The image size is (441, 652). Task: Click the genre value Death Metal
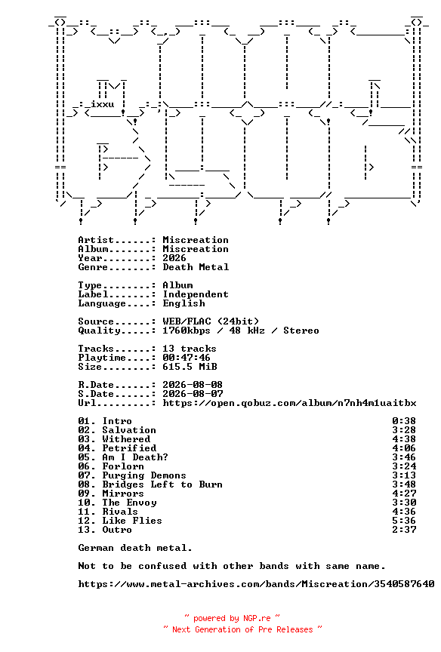(196, 267)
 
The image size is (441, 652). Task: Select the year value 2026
(174, 258)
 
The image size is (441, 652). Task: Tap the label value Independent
(196, 294)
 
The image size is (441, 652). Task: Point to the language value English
(183, 303)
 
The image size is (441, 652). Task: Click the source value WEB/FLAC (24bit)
(211, 321)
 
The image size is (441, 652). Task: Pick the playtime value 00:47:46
(187, 358)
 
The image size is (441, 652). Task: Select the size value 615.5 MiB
(190, 367)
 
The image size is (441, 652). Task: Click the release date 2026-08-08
(193, 385)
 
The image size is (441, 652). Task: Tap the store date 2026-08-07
(193, 394)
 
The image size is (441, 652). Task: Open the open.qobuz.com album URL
(289, 403)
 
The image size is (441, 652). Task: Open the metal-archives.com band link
(256, 584)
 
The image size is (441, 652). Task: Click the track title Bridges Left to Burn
(162, 484)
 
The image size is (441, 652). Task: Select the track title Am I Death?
(135, 457)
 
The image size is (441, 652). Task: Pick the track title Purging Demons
(144, 475)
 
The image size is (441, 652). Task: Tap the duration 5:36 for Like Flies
(404, 521)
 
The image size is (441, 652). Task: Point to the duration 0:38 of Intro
(404, 421)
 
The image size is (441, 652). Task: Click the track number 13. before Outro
(87, 530)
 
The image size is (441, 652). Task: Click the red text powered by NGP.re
(232, 618)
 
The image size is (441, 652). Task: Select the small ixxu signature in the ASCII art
(103, 104)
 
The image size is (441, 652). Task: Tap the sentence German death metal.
(135, 548)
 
